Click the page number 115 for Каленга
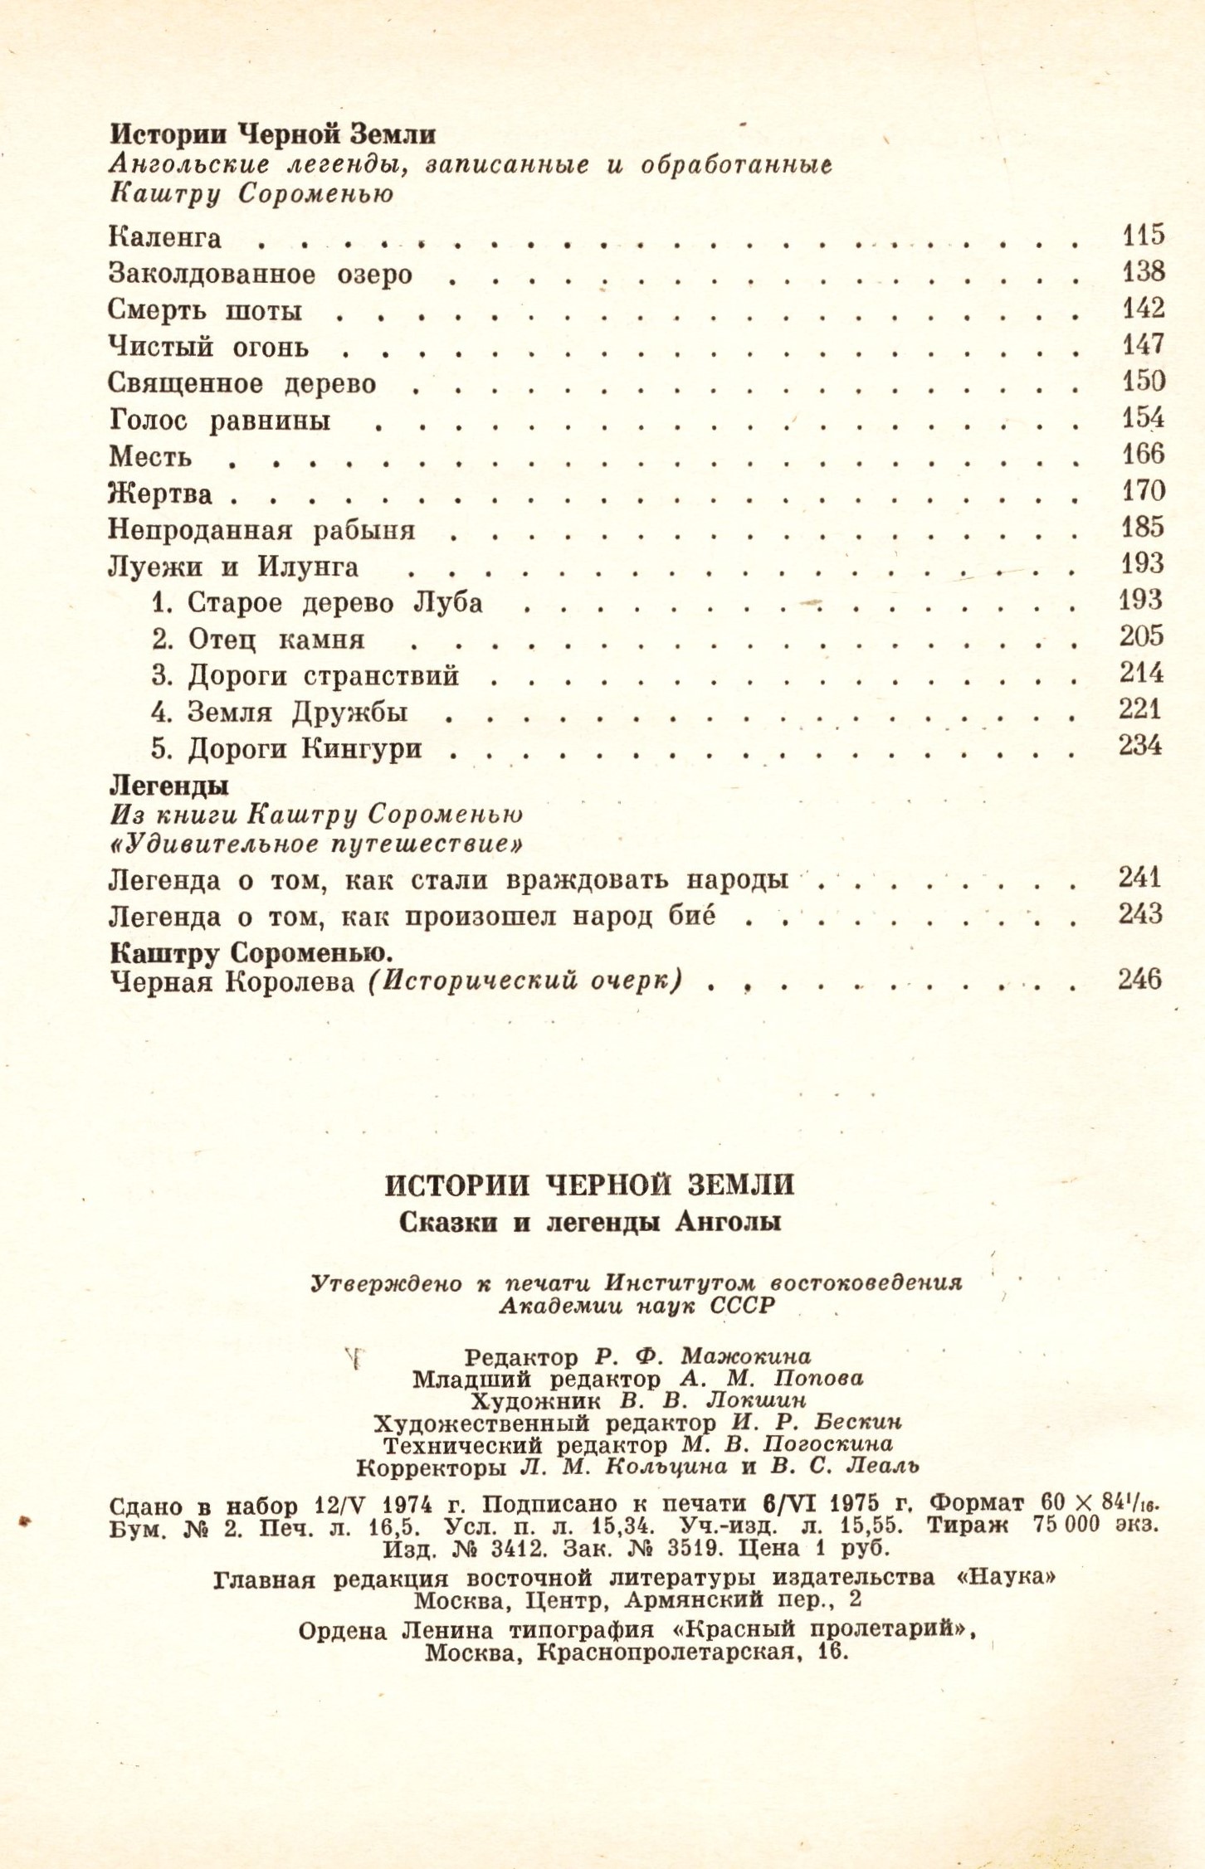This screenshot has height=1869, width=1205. tap(1144, 236)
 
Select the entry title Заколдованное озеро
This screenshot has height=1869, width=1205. tap(260, 274)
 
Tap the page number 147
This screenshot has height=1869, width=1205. tap(1144, 344)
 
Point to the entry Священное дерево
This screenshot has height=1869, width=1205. tap(241, 383)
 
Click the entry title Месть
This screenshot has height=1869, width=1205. tap(150, 456)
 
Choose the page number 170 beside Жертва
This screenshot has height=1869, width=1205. tap(1144, 491)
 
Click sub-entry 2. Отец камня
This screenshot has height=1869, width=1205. tap(258, 640)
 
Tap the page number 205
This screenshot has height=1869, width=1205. tap(1142, 636)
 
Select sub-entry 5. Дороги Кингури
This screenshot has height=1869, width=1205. tap(286, 749)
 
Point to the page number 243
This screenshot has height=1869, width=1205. tap(1140, 914)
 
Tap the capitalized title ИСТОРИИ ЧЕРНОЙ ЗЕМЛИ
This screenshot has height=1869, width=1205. tap(589, 1185)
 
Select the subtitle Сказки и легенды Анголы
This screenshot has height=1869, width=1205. tap(589, 1223)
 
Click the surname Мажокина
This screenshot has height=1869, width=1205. tap(745, 1356)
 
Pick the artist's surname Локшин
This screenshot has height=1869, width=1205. tap(755, 1400)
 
